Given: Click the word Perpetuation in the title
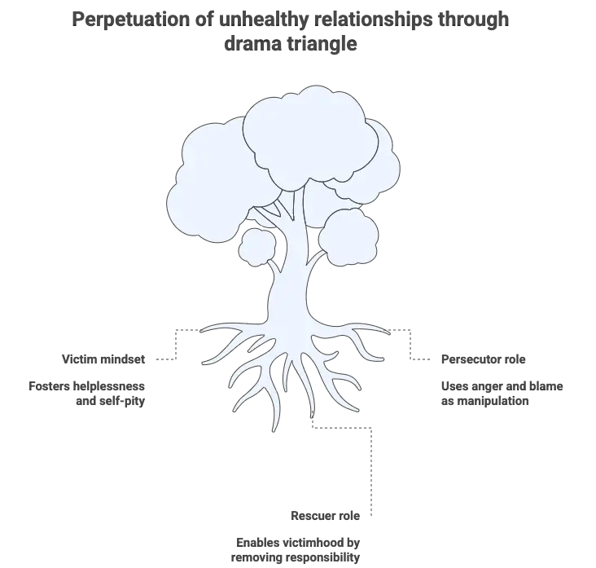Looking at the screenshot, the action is pos(130,19).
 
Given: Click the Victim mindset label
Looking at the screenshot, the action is pos(103,359).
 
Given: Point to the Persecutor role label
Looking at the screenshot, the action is pos(483,359).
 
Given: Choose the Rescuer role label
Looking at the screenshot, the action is pos(326,516).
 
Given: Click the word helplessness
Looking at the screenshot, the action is pos(109,386).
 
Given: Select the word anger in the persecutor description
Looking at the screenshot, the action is pos(485,386).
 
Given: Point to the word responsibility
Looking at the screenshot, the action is pos(322,557).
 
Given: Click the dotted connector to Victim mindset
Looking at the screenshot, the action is pos(176,344).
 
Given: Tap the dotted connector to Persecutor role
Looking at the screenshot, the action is pos(410,344).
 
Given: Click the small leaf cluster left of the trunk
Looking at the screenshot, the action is pos(256,247).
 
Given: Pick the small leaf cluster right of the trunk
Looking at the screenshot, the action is pos(348,236).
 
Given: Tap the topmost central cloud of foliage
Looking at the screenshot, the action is pos(309,137).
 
